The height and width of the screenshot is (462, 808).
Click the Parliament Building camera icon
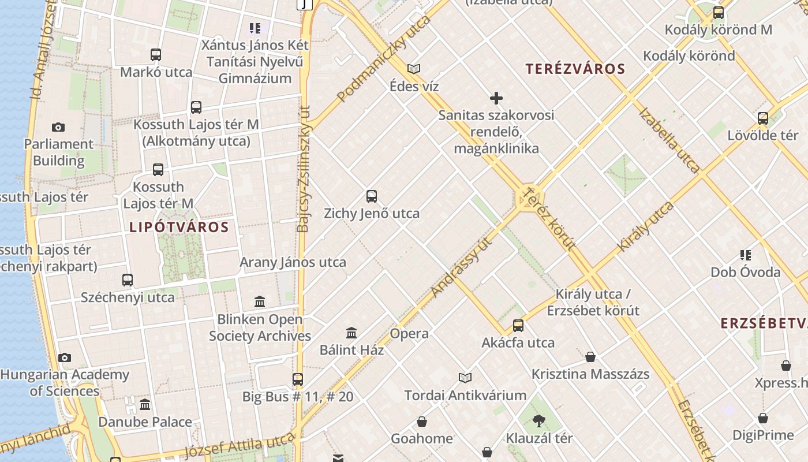(x=58, y=128)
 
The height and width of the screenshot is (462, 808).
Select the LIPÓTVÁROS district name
(x=179, y=227)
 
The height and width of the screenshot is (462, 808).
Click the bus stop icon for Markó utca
(x=156, y=55)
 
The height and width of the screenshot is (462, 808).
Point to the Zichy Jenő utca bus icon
(x=372, y=196)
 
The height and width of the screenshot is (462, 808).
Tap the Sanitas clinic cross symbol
(x=496, y=98)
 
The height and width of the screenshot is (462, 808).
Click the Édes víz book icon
(x=414, y=69)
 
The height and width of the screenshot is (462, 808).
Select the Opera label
(x=409, y=334)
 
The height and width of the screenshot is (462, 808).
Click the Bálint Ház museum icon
(x=351, y=333)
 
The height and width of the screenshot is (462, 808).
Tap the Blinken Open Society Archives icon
(x=260, y=302)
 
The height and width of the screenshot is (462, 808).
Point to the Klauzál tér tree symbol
(x=539, y=421)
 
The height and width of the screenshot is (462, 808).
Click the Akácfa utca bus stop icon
(x=518, y=326)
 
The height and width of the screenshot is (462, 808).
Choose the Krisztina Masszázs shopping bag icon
(x=590, y=357)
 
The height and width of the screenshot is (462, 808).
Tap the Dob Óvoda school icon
(x=746, y=255)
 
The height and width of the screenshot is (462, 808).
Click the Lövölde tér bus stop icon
(x=763, y=118)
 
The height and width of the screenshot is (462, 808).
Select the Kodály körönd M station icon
(x=719, y=13)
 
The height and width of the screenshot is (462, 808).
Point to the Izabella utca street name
(x=669, y=140)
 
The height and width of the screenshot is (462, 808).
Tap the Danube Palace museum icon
(x=145, y=404)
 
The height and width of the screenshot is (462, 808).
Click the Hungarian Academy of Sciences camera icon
(x=65, y=358)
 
